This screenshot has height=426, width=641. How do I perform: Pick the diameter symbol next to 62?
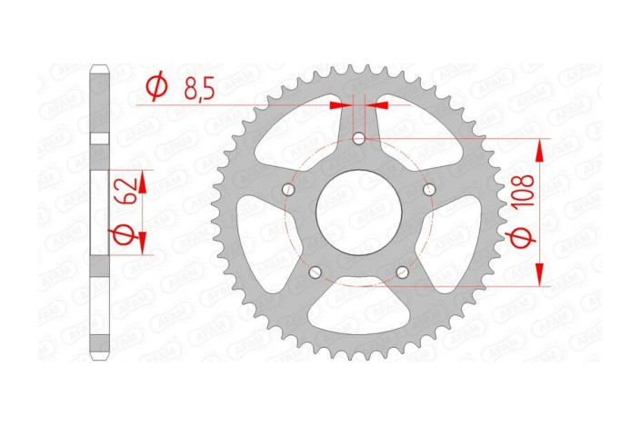pyautogui.click(x=127, y=238)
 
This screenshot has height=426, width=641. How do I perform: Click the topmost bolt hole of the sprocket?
pyautogui.click(x=359, y=140)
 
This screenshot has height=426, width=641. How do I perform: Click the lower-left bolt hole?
pyautogui.click(x=316, y=272)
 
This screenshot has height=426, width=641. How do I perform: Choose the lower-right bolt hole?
pyautogui.click(x=402, y=272)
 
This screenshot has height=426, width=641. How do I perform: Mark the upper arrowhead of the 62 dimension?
pyautogui.click(x=143, y=173)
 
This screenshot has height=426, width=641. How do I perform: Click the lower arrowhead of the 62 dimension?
pyautogui.click(x=143, y=250)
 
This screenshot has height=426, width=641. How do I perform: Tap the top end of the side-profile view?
pyautogui.click(x=100, y=65)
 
